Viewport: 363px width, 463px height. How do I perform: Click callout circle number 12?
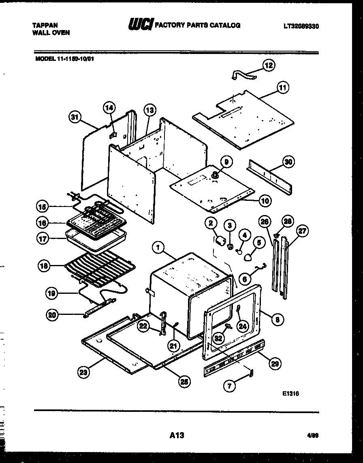(x=269, y=65)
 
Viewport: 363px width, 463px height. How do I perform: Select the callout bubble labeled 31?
(x=73, y=117)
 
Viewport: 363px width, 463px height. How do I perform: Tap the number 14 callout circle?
(x=109, y=108)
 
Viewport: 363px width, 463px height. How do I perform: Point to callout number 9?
(x=226, y=162)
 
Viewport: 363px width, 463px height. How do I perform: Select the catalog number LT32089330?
(x=301, y=26)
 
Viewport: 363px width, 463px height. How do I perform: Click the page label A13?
(x=177, y=435)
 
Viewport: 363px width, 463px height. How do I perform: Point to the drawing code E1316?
(x=290, y=393)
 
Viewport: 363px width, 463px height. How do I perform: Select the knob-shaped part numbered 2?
(x=220, y=242)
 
